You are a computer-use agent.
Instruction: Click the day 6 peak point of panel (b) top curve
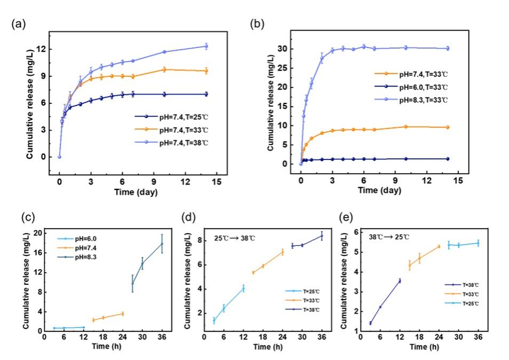364,46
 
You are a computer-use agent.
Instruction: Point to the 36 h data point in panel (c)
162,244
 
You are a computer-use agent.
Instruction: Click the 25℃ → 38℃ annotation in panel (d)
235,238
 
